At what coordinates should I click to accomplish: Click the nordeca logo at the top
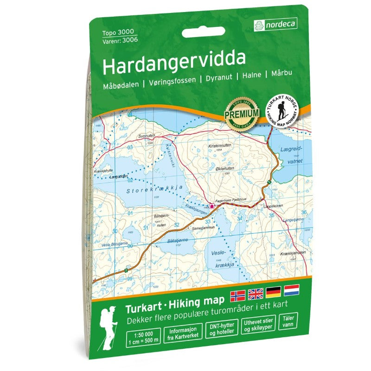point(275,24)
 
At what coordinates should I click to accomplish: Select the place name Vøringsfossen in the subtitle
point(172,86)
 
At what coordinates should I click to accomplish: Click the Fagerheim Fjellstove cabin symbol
point(211,206)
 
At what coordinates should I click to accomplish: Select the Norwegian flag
point(237,293)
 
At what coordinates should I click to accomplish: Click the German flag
point(273,292)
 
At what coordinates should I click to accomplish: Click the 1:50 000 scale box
point(143,337)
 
